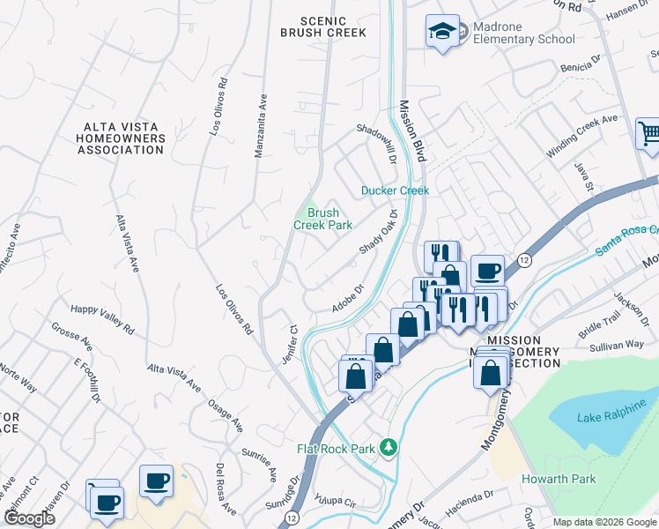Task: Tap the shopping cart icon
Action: (649, 135)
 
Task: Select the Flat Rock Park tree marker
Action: (387, 448)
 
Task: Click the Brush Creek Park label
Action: (322, 219)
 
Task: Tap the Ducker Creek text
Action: (395, 190)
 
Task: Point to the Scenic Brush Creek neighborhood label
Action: (322, 26)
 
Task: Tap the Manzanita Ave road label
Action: (261, 125)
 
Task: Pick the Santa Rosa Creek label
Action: (626, 239)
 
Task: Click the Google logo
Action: (29, 518)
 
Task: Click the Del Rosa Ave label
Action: (226, 489)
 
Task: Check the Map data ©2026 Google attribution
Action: (603, 522)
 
